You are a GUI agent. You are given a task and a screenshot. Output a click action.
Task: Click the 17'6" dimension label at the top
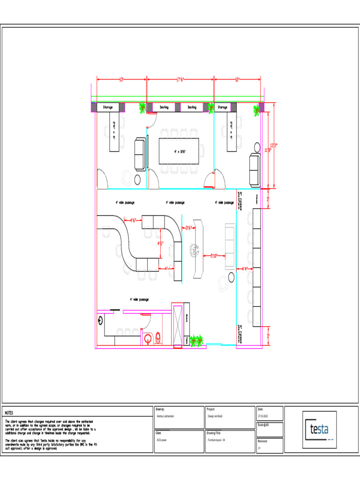click(180, 80)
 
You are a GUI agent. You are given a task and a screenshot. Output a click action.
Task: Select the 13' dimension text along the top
click(121, 80)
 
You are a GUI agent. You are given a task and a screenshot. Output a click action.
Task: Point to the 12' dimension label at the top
click(237, 80)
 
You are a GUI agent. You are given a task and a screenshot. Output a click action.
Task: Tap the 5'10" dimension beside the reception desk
click(214, 255)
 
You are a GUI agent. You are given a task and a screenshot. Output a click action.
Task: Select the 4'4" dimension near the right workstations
click(244, 269)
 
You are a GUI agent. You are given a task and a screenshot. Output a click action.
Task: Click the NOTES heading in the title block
click(9, 413)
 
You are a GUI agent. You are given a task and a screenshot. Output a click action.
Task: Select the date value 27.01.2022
click(263, 416)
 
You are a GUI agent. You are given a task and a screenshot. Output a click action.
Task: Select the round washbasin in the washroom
click(148, 339)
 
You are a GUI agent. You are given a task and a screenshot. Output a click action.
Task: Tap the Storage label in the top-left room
click(108, 107)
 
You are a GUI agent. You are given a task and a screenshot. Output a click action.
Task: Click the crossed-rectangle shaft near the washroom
click(177, 326)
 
